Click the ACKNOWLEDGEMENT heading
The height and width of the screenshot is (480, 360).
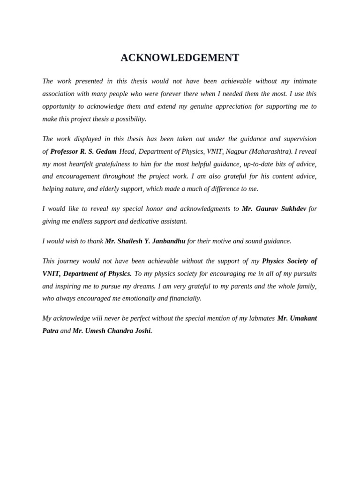(x=180, y=58)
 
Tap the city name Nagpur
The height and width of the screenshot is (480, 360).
(x=236, y=151)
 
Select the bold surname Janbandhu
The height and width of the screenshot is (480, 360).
(x=168, y=241)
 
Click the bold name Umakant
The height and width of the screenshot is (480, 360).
(x=304, y=318)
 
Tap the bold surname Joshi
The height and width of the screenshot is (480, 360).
(x=142, y=331)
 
